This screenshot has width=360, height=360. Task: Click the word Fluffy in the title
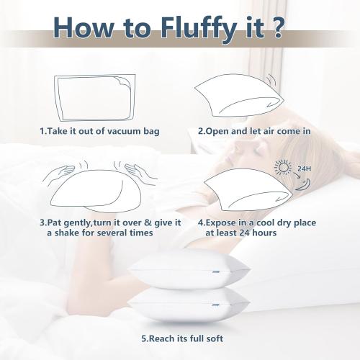(x=188, y=30)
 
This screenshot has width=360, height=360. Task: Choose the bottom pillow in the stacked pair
(x=188, y=305)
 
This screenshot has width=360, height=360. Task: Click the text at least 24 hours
(x=241, y=233)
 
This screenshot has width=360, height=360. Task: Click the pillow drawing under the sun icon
(x=241, y=191)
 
